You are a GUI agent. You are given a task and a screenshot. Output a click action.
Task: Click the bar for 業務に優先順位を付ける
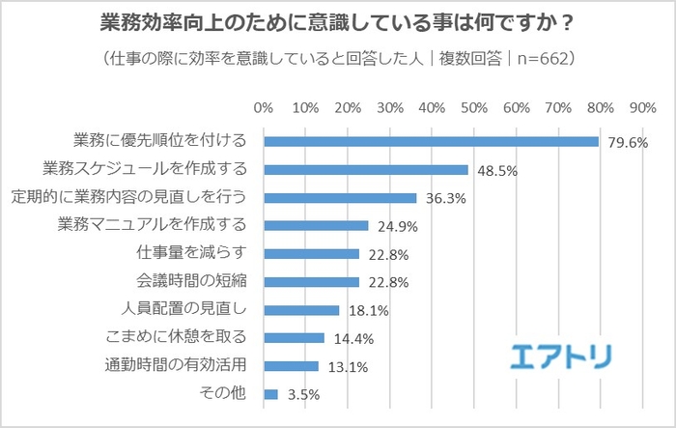click(431, 141)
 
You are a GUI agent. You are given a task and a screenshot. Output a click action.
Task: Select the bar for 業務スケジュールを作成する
click(366, 169)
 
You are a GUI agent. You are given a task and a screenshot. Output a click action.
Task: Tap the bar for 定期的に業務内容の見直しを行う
click(340, 197)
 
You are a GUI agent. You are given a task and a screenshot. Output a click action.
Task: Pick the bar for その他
click(270, 394)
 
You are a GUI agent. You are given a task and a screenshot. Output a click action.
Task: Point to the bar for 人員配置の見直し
click(301, 310)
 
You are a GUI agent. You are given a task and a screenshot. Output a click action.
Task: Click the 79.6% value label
click(627, 143)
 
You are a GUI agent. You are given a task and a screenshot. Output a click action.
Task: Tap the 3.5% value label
click(302, 395)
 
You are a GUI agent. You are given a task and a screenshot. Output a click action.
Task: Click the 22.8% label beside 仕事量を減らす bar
click(386, 255)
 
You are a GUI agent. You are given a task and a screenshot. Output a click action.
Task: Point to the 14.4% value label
click(352, 340)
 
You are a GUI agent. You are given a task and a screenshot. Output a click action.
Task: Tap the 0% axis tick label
click(263, 106)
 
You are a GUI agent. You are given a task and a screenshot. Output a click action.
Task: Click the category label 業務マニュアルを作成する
click(154, 225)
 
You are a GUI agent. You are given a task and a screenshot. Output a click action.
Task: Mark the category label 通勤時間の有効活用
click(177, 365)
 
